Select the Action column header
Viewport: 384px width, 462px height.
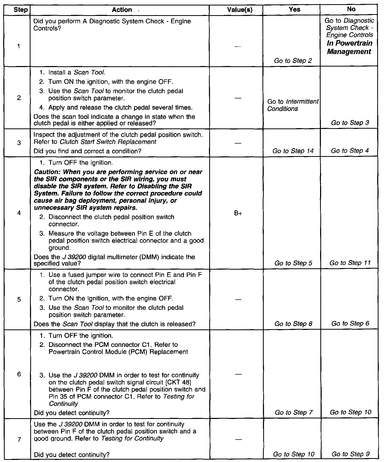122,10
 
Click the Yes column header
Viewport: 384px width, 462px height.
295,10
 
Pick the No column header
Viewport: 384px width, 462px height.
351,9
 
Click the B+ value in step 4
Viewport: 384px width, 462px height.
238,213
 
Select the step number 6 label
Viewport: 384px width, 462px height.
19,375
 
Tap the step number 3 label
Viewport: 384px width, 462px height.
19,143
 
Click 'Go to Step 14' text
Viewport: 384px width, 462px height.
293,151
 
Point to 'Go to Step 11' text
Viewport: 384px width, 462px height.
350,263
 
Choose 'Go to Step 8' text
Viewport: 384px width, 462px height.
293,324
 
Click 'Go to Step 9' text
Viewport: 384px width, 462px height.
350,454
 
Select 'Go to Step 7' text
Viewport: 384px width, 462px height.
293,412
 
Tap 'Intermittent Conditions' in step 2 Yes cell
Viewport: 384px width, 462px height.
293,105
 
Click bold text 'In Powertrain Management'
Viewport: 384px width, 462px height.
349,48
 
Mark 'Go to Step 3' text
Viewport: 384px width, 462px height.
350,123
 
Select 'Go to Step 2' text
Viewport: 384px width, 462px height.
293,61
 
